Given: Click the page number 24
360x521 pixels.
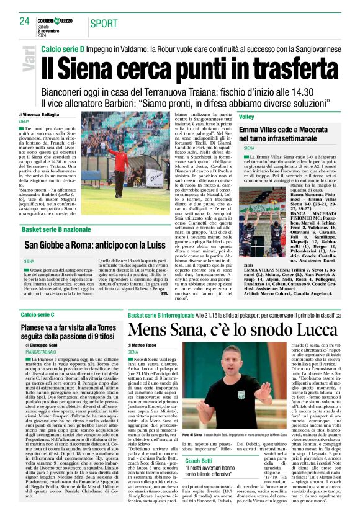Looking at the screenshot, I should [x=25, y=21].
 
